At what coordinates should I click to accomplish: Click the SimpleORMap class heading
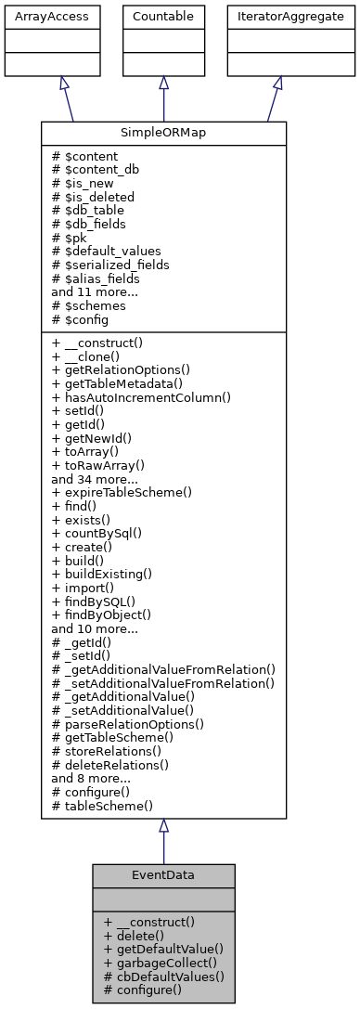pyautogui.click(x=163, y=133)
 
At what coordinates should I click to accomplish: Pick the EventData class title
pyautogui.click(x=163, y=874)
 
